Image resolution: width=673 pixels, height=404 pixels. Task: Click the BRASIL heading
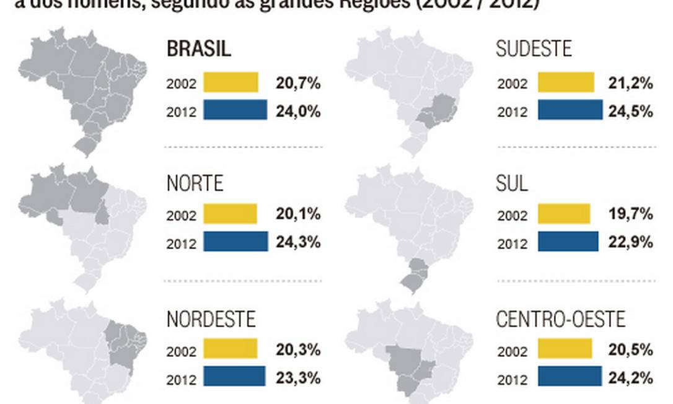click(199, 49)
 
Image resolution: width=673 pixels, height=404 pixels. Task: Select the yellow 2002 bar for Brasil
click(231, 82)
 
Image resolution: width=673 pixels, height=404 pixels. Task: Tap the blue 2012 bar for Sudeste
click(570, 110)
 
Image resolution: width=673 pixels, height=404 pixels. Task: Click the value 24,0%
click(298, 112)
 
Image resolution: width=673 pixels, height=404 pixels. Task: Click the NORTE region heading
click(195, 183)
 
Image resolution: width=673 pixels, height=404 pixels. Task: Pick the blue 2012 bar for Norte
click(235, 242)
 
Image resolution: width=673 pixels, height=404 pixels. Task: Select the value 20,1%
click(298, 214)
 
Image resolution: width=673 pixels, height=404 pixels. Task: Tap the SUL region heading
click(512, 183)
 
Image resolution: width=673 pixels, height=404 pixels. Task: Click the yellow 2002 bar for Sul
click(564, 214)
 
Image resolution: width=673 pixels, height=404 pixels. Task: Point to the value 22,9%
click(630, 242)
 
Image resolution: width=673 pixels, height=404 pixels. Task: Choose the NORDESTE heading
click(211, 319)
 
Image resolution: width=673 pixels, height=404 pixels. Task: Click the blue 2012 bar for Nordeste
click(234, 376)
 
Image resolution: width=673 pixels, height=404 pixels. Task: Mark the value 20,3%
click(298, 349)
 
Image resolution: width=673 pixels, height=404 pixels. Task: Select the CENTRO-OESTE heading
click(561, 319)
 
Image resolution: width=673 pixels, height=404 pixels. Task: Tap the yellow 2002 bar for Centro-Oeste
click(565, 349)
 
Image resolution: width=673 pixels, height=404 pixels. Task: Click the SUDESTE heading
click(534, 49)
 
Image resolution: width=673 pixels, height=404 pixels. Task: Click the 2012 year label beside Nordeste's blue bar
click(181, 377)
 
